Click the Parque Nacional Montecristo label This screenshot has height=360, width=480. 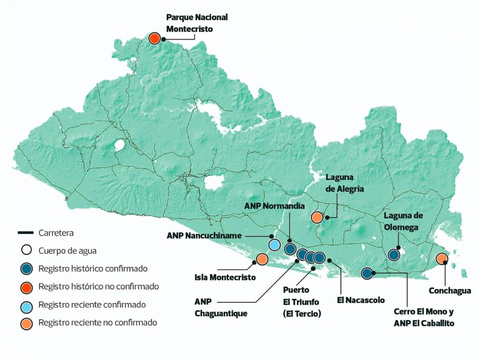(x=197, y=23)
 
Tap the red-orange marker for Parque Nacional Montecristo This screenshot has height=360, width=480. (x=154, y=38)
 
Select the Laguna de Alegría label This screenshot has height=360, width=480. (x=345, y=183)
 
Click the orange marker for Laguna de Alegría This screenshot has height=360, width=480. (x=317, y=217)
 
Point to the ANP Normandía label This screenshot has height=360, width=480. (x=275, y=206)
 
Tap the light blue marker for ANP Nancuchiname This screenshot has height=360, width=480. (x=275, y=244)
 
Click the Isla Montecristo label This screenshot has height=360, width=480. (x=225, y=277)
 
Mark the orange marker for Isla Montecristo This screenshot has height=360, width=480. (x=262, y=259)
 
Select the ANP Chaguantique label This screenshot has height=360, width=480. (x=220, y=307)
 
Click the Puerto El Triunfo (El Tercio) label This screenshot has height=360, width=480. (x=302, y=302)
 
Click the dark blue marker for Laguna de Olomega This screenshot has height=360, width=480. (x=394, y=255)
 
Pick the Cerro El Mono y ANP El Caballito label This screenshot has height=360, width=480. (x=424, y=317)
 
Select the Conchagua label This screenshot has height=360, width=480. (x=450, y=291)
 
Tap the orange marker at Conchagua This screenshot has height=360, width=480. (x=442, y=258)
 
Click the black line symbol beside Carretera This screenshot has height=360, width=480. (x=25, y=232)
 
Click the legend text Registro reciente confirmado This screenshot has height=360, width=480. (x=92, y=305)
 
